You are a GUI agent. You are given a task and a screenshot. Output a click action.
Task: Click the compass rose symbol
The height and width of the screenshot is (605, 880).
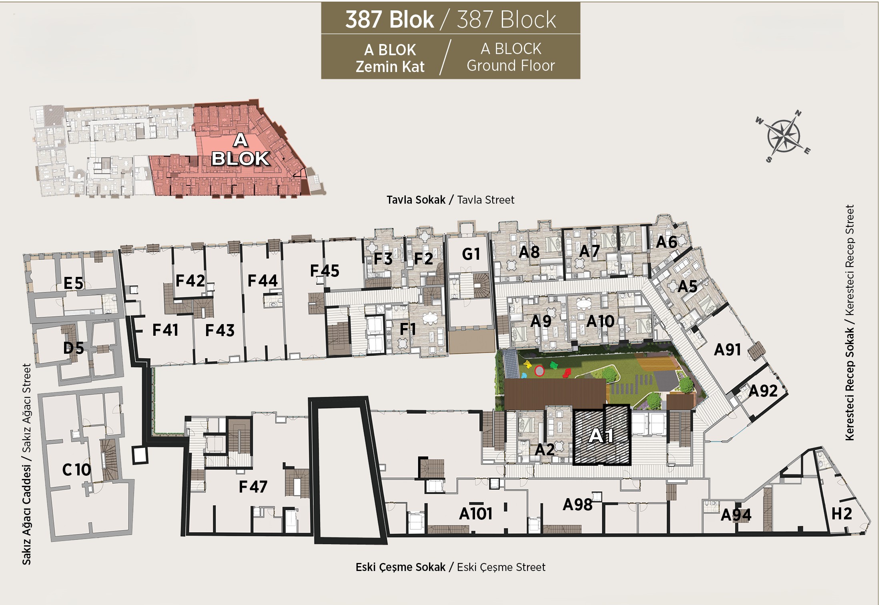point(783,136)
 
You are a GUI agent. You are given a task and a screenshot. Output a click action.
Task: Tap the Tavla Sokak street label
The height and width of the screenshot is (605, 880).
point(416,200)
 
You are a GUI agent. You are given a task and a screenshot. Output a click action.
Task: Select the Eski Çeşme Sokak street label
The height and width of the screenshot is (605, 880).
point(400,567)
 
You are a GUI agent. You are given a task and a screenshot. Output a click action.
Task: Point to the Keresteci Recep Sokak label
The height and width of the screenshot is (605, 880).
point(849,384)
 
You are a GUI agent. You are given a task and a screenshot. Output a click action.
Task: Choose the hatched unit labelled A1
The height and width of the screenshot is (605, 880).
point(601,435)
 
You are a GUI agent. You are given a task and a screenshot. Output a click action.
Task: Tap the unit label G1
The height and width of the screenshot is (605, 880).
point(471,254)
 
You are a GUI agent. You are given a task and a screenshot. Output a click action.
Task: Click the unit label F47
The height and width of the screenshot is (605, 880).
point(253,487)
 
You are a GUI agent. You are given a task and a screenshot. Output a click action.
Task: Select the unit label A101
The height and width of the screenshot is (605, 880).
point(475,513)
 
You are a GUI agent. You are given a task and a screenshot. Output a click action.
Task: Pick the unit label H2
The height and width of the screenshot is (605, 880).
point(842,513)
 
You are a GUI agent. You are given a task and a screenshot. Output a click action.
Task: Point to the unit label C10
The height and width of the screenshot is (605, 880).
point(76,469)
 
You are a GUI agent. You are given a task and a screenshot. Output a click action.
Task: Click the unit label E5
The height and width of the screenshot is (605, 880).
point(73,283)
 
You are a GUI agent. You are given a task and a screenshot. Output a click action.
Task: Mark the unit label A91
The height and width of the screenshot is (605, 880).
point(728,349)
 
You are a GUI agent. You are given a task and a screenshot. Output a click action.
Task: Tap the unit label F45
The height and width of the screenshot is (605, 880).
point(325,270)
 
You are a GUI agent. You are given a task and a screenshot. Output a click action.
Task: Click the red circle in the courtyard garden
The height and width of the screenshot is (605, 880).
point(539,371)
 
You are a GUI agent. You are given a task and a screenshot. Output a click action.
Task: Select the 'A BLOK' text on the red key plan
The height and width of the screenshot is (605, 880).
point(240,149)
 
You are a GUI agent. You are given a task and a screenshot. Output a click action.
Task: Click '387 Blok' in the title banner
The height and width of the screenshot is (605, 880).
point(389,19)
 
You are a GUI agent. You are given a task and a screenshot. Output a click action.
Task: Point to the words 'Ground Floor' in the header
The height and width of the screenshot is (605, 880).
point(511,66)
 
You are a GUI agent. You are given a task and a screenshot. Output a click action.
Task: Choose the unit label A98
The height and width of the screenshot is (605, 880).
point(577,505)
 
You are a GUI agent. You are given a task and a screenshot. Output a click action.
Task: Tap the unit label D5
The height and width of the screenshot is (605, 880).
point(74,348)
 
